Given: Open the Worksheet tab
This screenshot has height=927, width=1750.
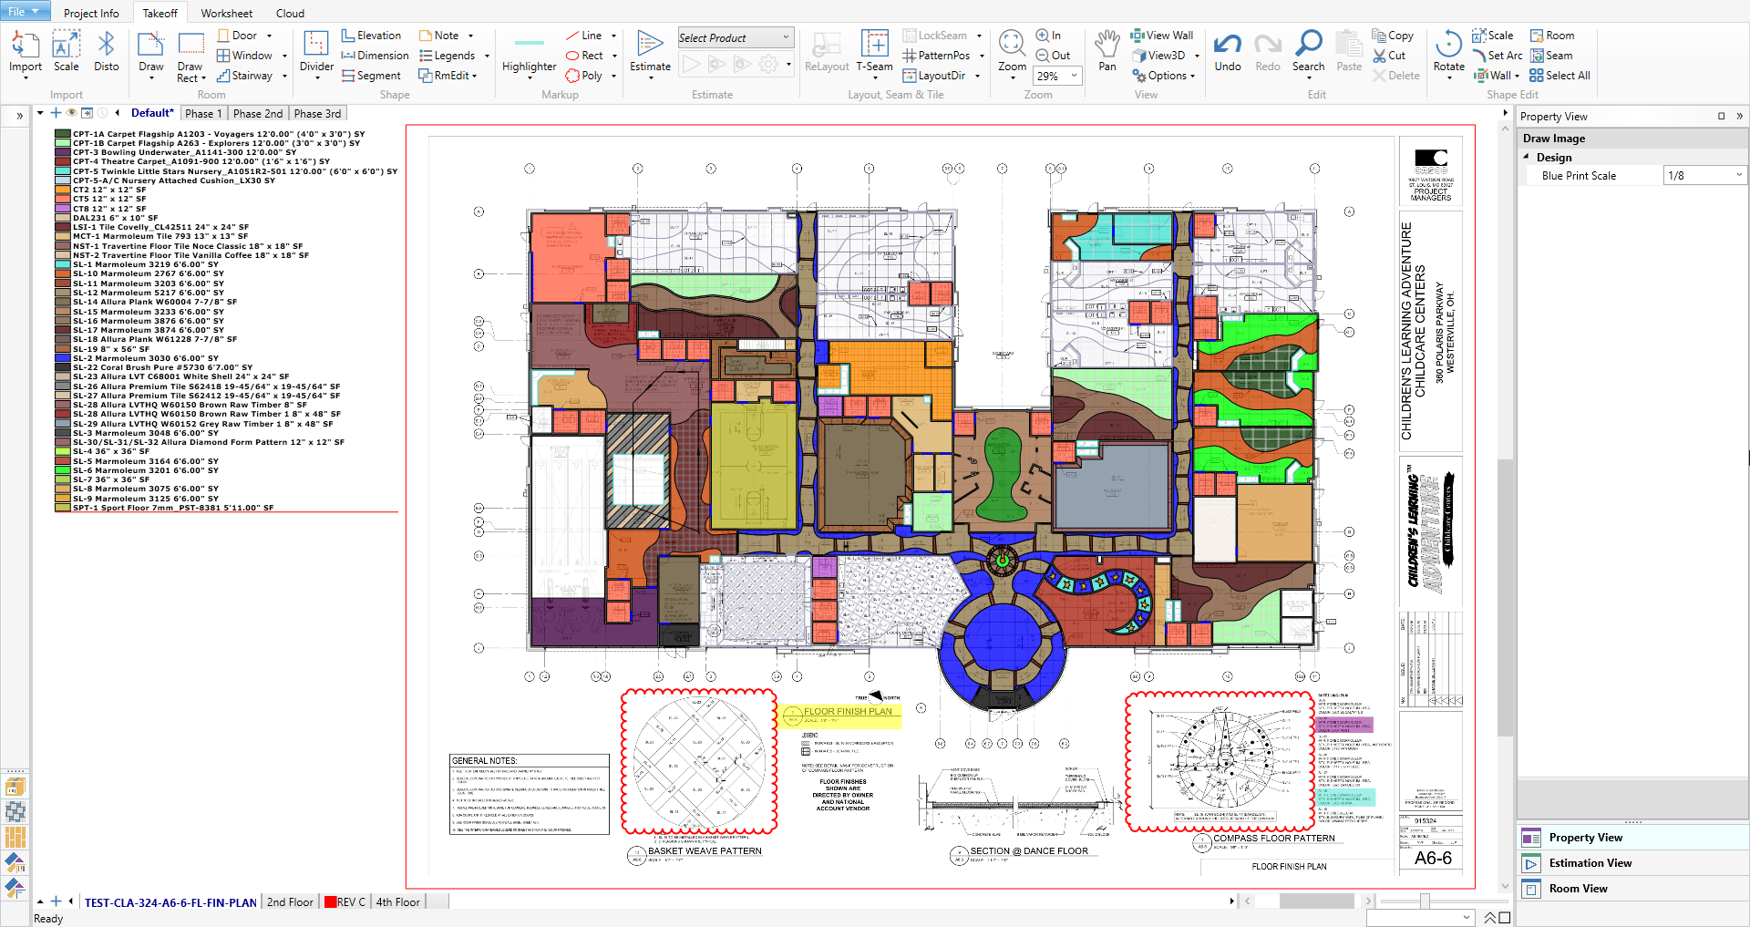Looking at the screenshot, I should pyautogui.click(x=226, y=13).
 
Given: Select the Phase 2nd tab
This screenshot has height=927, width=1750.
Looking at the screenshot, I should pyautogui.click(x=258, y=114).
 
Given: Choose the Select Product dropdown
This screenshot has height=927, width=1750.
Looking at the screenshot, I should pyautogui.click(x=735, y=37).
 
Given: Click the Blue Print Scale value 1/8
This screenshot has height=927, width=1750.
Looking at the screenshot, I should pyautogui.click(x=1700, y=176).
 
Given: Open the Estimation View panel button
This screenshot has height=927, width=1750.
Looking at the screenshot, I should pyautogui.click(x=1590, y=863).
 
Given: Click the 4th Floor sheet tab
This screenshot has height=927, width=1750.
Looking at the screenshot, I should pyautogui.click(x=398, y=902).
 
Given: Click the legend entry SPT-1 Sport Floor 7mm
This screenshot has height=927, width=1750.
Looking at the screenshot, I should pyautogui.click(x=173, y=508).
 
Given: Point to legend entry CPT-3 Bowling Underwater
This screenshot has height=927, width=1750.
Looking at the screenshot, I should pyautogui.click(x=182, y=152).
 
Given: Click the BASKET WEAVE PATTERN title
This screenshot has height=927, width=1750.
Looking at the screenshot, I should pyautogui.click(x=704, y=851).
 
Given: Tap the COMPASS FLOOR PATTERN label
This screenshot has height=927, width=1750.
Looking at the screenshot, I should pyautogui.click(x=1273, y=839).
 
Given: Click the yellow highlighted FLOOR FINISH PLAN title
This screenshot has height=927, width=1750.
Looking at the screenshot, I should pyautogui.click(x=847, y=712).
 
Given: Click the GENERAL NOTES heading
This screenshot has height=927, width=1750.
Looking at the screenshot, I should pyautogui.click(x=485, y=760).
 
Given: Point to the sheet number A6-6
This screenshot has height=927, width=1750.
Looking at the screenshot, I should pyautogui.click(x=1432, y=858).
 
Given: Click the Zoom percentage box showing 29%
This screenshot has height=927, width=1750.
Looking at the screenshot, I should pyautogui.click(x=1055, y=76).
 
